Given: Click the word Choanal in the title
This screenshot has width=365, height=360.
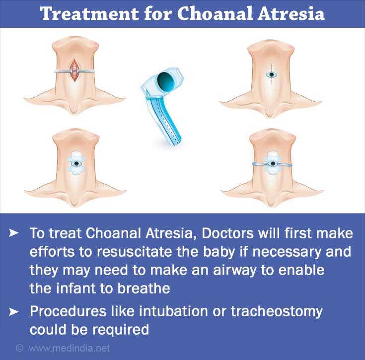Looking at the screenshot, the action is pos(215,13).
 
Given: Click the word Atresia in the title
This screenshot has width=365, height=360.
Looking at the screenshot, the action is pos(291,13).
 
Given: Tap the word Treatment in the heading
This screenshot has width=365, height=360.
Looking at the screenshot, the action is pos(89,13).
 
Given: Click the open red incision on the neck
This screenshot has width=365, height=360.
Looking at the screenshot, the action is pos(74,70).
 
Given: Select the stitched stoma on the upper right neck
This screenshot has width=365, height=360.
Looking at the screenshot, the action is pos(272,74).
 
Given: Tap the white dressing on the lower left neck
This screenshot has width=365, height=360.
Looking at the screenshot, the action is pos(76,163).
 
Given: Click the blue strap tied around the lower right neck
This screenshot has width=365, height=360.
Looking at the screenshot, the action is pos(272,164).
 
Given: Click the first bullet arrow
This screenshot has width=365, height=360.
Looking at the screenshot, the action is pos(13,233).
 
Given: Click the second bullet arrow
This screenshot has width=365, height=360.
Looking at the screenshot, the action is pos(13,312).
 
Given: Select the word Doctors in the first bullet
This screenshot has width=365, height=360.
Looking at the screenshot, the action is pos(227,233).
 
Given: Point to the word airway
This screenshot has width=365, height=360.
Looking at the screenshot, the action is pos(234,270).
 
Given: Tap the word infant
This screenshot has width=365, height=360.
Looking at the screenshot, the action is pos(78,288).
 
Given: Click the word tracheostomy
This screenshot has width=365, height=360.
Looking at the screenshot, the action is pos(277,312).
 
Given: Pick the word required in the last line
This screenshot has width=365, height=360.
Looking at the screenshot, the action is pos(121,330).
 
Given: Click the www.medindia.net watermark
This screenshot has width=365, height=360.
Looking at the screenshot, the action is pos(70,349).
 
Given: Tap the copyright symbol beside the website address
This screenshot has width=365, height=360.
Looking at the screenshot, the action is pos(19,349).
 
